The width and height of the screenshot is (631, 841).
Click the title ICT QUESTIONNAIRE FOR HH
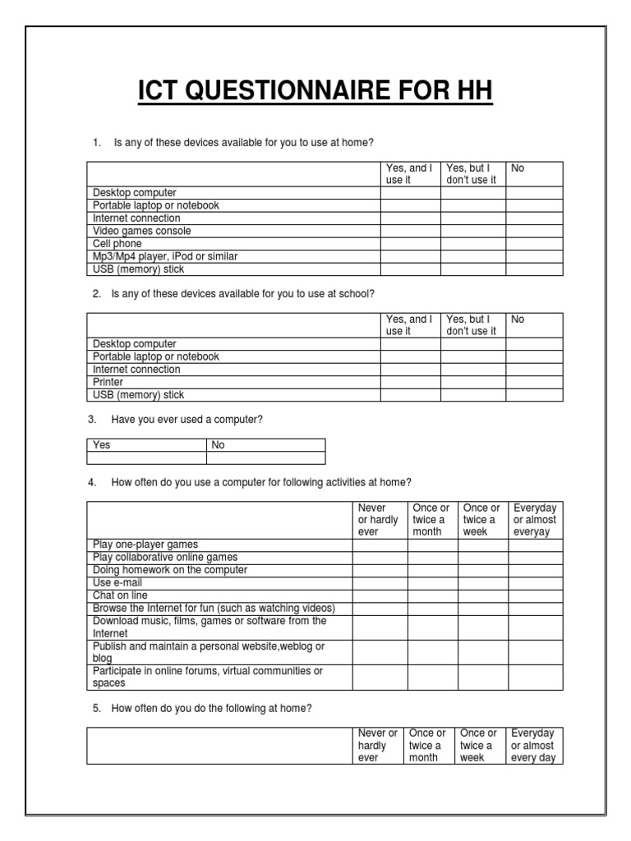pyautogui.click(x=315, y=90)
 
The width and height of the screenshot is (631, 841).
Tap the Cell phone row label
pyautogui.click(x=117, y=244)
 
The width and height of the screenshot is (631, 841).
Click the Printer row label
pyautogui.click(x=108, y=382)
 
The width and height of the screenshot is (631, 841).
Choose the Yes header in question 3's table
pyautogui.click(x=102, y=445)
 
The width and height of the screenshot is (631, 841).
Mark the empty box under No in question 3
pyautogui.click(x=265, y=458)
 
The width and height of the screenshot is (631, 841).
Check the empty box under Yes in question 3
pyautogui.click(x=146, y=458)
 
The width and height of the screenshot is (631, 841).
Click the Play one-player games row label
pyautogui.click(x=145, y=545)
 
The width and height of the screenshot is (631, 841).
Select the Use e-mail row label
pyautogui.click(x=112, y=582)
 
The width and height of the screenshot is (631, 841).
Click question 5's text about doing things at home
pyautogui.click(x=211, y=708)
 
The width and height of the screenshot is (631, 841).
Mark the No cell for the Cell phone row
pyautogui.click(x=534, y=244)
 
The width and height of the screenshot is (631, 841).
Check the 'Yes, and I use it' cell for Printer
pyautogui.click(x=410, y=382)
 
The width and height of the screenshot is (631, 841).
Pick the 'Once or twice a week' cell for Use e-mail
pyautogui.click(x=482, y=582)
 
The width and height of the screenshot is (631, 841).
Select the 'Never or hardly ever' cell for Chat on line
pyautogui.click(x=380, y=595)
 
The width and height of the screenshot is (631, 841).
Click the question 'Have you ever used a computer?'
pyautogui.click(x=187, y=420)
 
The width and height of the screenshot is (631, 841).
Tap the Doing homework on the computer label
pyautogui.click(x=170, y=570)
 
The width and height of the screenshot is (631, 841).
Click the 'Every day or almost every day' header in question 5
pyautogui.click(x=533, y=746)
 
